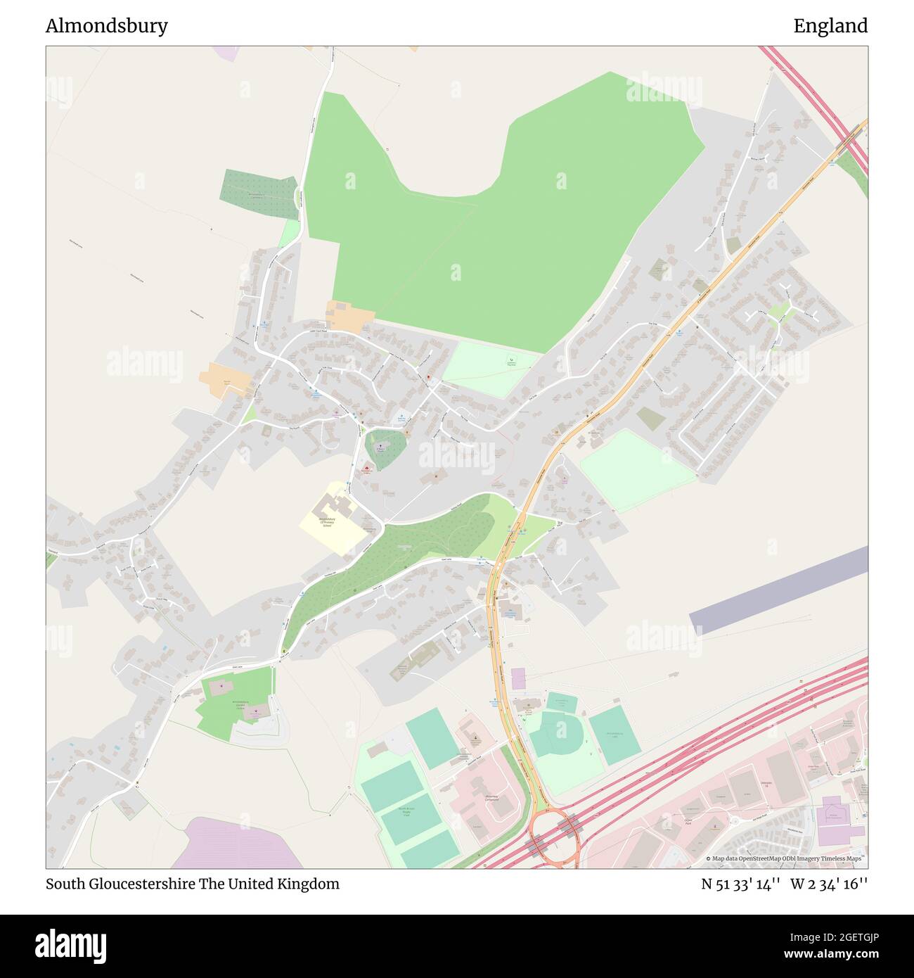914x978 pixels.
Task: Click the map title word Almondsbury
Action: pyautogui.click(x=107, y=26)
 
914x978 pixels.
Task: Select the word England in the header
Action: pyautogui.click(x=830, y=26)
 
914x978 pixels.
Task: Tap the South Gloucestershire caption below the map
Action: pyautogui.click(x=192, y=884)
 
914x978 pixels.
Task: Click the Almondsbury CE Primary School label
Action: pyautogui.click(x=327, y=521)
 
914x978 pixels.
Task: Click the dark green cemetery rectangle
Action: pyautogui.click(x=257, y=193)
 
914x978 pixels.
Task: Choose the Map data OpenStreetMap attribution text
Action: pyautogui.click(x=786, y=858)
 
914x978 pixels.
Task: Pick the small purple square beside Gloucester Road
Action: pyautogui.click(x=518, y=679)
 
